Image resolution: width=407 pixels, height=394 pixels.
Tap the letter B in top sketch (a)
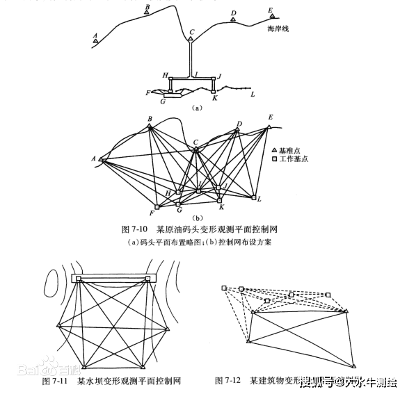tap(146, 6)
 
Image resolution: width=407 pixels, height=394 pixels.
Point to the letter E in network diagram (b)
tap(271, 117)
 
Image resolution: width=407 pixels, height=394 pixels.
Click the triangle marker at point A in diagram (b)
tap(102, 160)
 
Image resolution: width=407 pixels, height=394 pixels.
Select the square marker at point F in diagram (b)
tap(157, 206)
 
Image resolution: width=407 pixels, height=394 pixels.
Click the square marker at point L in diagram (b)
tap(253, 198)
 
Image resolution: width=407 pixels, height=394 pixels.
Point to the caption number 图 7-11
tap(57, 381)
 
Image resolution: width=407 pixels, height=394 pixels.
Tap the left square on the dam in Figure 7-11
tap(79, 279)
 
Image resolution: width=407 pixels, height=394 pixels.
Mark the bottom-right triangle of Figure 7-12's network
tap(353, 365)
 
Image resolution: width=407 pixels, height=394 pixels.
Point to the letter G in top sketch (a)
tap(162, 101)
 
